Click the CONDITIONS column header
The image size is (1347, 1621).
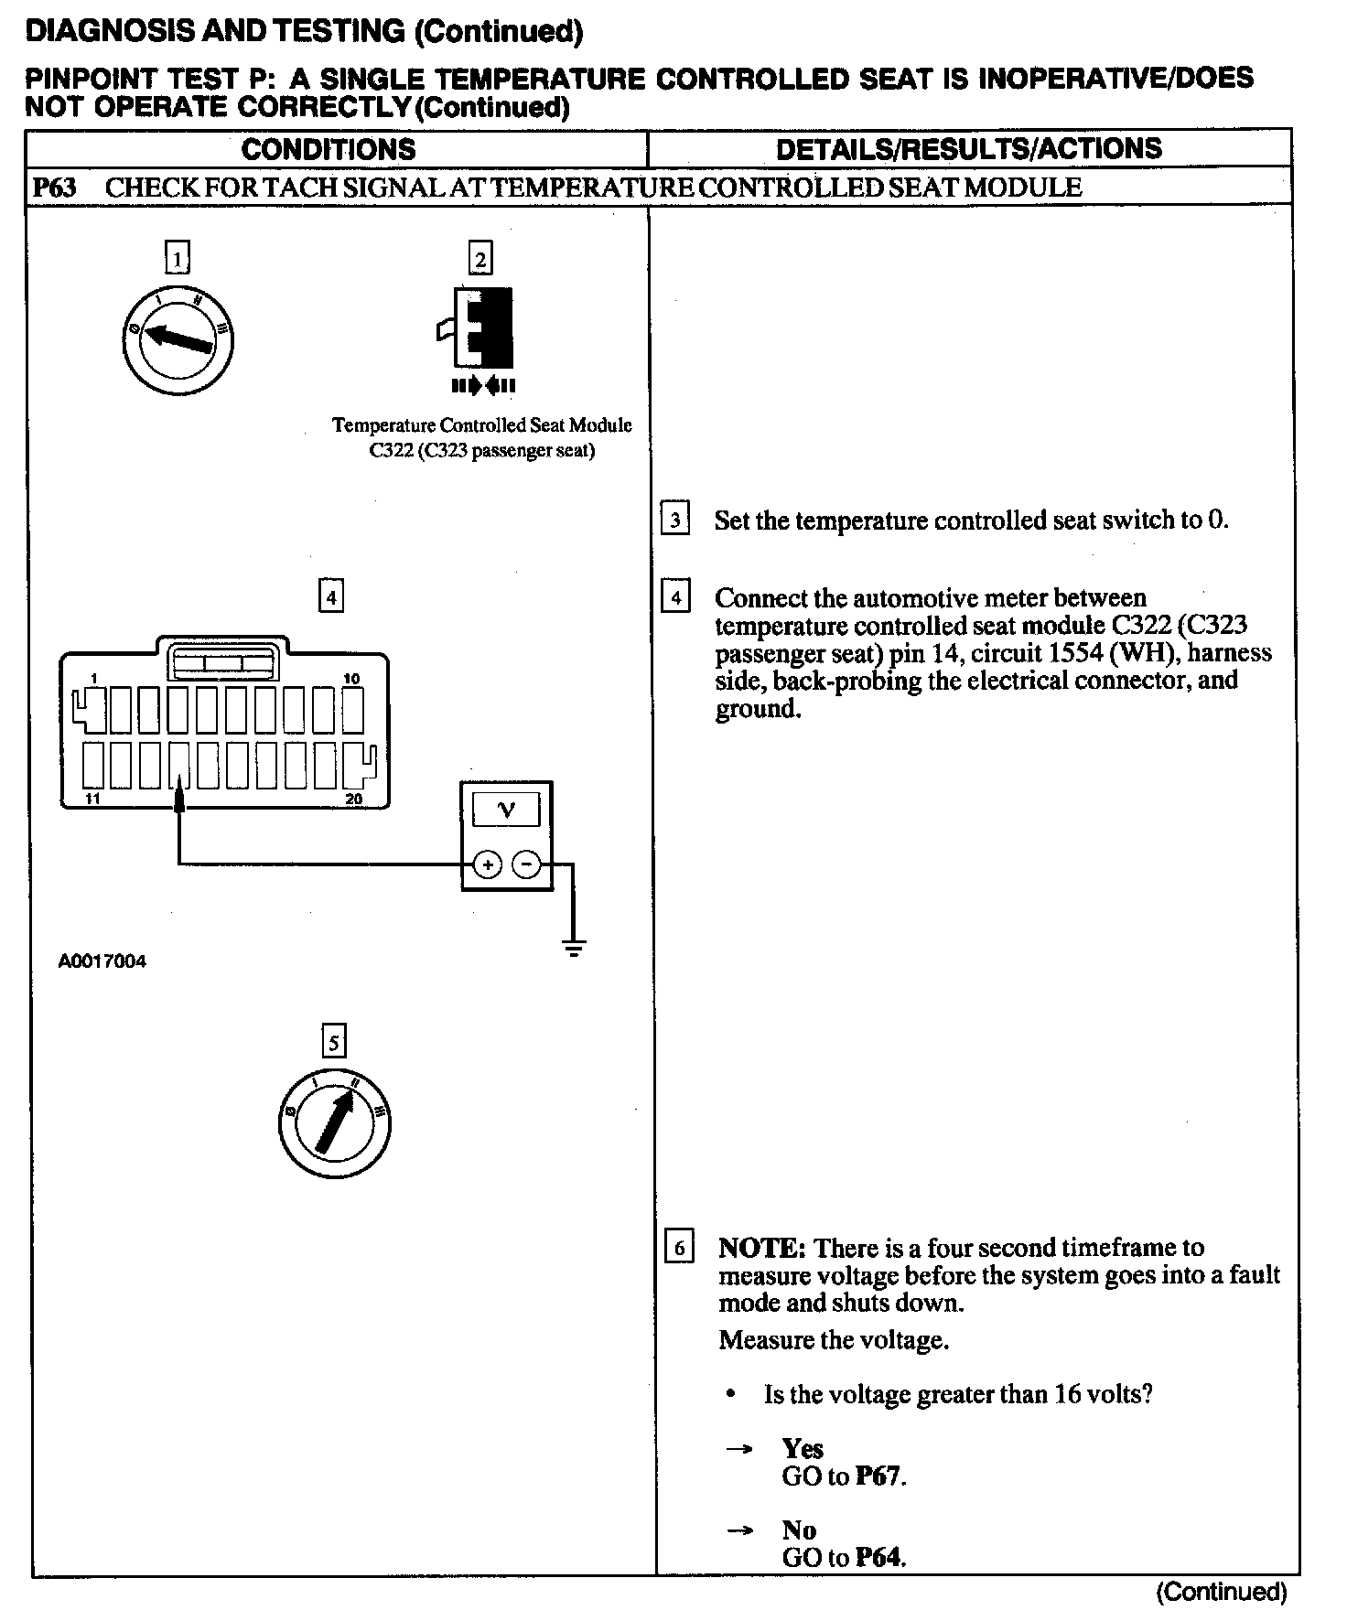329,149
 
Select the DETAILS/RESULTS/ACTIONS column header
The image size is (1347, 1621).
968,149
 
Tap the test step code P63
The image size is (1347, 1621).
56,188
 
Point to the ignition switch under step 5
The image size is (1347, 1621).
335,1122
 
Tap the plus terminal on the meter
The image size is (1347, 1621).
488,864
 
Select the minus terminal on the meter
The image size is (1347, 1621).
525,864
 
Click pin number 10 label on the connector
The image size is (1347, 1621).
351,679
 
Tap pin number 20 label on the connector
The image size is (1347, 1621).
354,800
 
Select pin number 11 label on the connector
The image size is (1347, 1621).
92,800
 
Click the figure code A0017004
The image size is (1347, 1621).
102,961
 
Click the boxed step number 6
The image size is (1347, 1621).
678,1248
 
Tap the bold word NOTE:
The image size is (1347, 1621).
761,1248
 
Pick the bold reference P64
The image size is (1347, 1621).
878,1557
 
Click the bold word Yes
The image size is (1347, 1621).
803,1448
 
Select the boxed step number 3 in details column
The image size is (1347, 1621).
675,521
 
